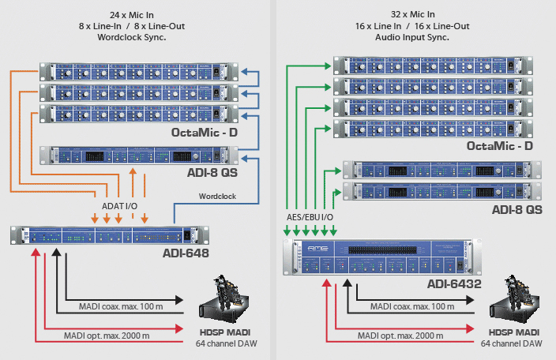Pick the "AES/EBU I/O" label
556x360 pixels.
[x=308, y=216]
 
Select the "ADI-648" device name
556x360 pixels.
[x=186, y=253]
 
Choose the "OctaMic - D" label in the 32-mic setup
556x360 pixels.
[x=500, y=146]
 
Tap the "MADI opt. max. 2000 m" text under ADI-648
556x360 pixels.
[x=107, y=336]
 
